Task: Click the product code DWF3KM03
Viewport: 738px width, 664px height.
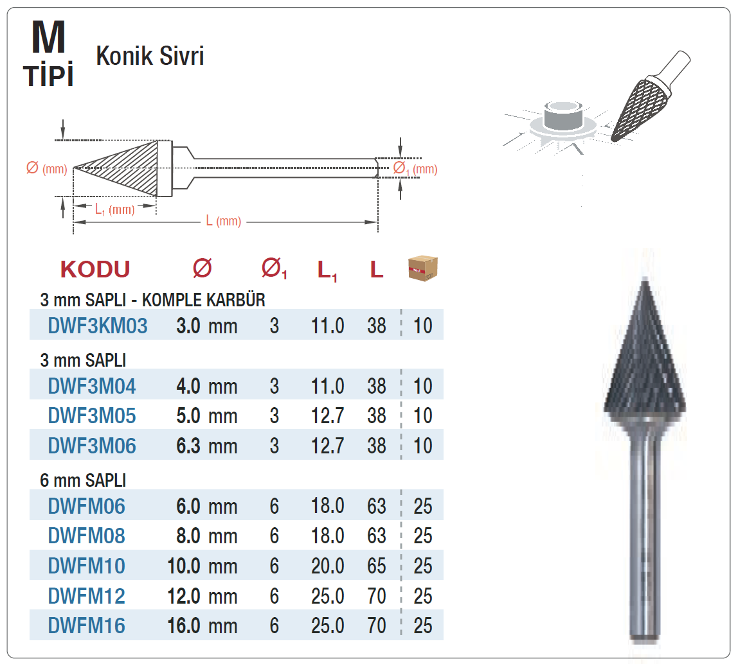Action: [x=98, y=326]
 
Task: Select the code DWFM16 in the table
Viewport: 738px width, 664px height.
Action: [x=87, y=626]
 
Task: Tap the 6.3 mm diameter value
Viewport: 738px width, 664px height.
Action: [x=206, y=446]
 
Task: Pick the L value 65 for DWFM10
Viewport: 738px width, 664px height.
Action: [x=377, y=566]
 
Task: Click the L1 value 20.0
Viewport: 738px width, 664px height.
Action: [x=328, y=566]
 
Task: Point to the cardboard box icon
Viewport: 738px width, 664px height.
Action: [x=422, y=268]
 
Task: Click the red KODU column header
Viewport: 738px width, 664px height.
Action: [x=95, y=270]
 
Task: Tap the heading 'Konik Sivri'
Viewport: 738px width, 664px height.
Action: [x=150, y=56]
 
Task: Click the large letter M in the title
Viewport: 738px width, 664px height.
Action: [x=48, y=37]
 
